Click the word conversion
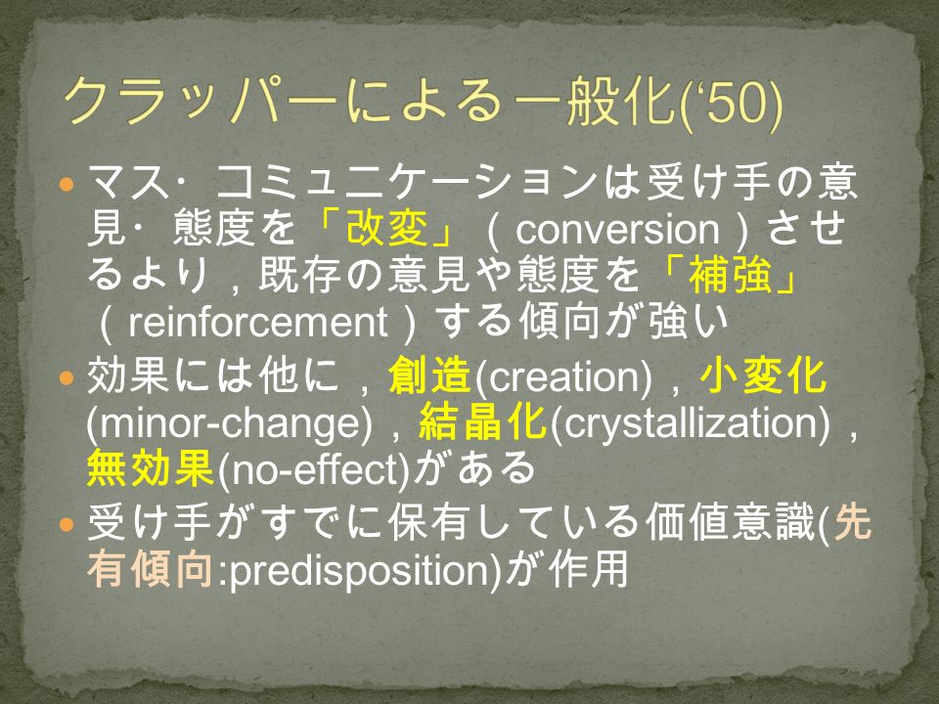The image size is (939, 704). click(617, 231)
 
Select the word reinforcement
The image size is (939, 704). click(258, 323)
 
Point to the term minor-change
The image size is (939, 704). click(229, 424)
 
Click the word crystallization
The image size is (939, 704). click(690, 424)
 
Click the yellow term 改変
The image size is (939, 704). click(387, 229)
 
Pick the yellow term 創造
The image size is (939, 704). click(429, 377)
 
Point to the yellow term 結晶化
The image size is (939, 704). click(482, 422)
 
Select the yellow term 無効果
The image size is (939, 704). click(151, 468)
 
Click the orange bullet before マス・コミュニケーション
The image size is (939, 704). click(66, 184)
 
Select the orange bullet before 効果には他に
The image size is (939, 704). click(66, 377)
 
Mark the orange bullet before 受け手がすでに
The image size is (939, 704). click(66, 524)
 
